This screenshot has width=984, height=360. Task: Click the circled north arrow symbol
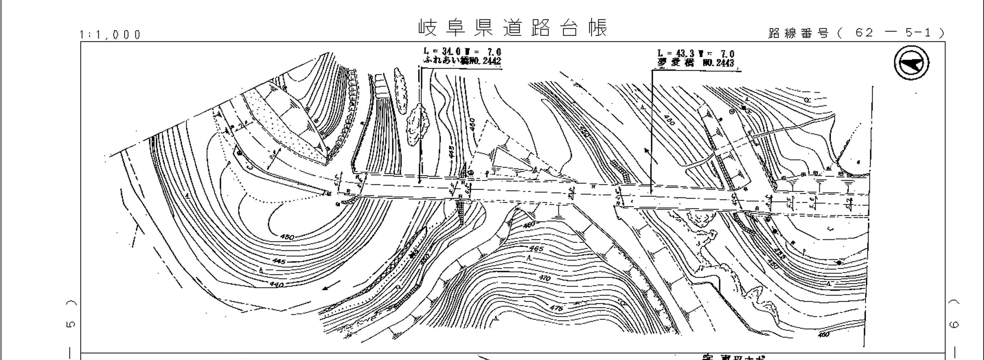pos(912,63)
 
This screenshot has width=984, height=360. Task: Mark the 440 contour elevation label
pos(276,284)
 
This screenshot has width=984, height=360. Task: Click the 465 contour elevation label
pos(536,249)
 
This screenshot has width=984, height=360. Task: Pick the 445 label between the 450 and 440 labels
pos(279,261)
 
